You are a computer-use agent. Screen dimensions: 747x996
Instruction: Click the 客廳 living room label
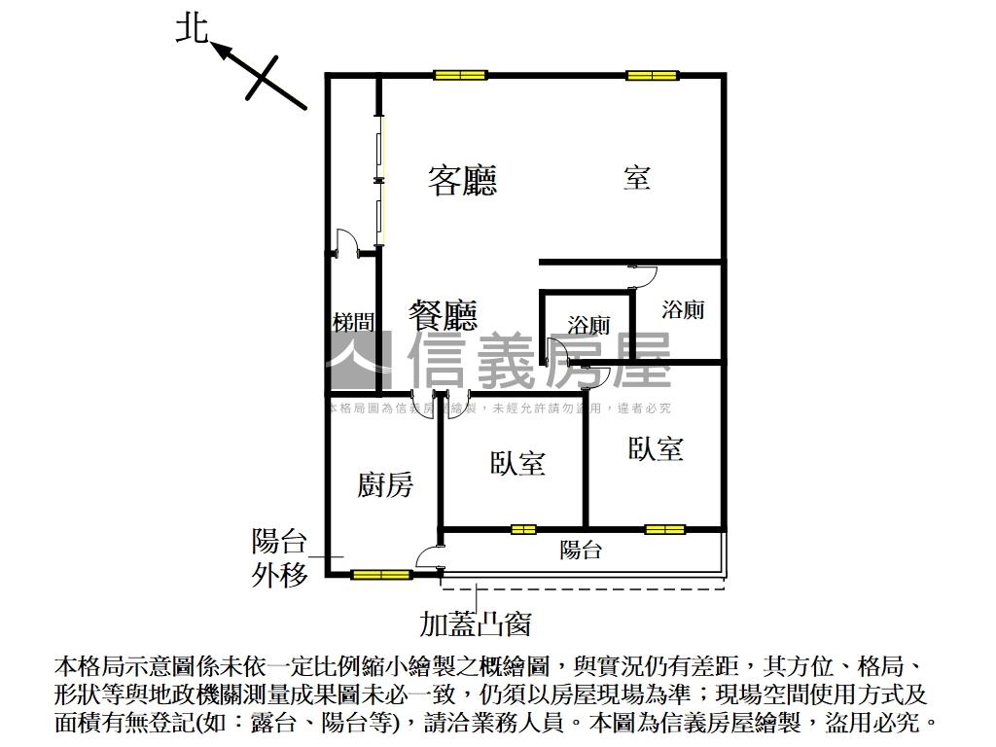click(x=462, y=180)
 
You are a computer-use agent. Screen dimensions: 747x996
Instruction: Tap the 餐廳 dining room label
click(x=444, y=315)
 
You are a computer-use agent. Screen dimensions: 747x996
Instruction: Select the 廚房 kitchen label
click(x=385, y=483)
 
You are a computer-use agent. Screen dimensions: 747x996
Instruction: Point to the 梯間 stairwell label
click(x=352, y=323)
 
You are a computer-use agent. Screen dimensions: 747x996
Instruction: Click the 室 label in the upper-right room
click(x=637, y=178)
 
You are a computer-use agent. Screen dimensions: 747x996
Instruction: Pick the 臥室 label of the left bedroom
click(x=517, y=463)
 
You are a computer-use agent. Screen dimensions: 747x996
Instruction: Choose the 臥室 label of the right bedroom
click(x=656, y=448)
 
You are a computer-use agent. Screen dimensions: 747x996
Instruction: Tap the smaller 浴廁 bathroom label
click(x=588, y=326)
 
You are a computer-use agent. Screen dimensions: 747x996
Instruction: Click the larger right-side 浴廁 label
click(x=682, y=310)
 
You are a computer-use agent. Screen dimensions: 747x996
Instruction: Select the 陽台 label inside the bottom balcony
click(x=581, y=551)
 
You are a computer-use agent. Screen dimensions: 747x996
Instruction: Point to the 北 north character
click(x=192, y=28)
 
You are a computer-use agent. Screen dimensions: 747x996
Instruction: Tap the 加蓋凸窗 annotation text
click(x=475, y=622)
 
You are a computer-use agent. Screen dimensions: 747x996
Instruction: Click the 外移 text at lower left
click(x=280, y=575)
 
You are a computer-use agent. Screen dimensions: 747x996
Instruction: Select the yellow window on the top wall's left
click(x=460, y=75)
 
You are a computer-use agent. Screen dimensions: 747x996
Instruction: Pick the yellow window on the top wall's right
click(x=652, y=75)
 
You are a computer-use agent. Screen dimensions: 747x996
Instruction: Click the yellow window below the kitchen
click(x=381, y=575)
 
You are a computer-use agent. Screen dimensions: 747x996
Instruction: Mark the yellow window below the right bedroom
click(x=665, y=529)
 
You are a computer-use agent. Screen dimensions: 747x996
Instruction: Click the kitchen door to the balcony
click(x=429, y=557)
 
